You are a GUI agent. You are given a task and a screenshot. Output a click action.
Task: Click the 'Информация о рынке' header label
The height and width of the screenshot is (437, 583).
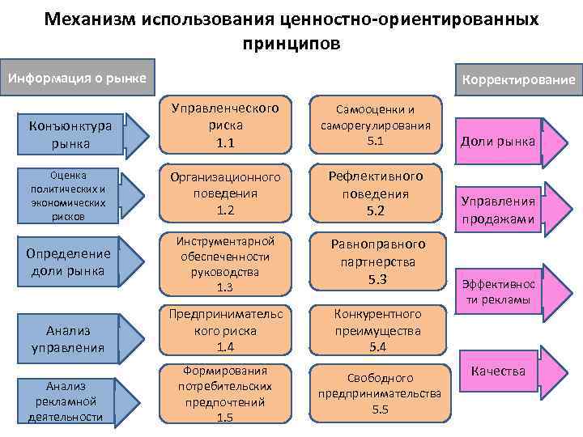point(76,78)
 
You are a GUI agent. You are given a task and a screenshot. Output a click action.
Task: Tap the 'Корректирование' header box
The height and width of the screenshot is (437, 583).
point(517,80)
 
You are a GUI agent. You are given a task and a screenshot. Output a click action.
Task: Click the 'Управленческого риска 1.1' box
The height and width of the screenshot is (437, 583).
point(224,125)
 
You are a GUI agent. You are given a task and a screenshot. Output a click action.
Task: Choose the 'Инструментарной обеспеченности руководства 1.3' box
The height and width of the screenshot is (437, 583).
point(224,264)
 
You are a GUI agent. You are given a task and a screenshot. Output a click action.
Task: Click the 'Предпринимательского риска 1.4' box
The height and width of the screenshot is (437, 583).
point(224,330)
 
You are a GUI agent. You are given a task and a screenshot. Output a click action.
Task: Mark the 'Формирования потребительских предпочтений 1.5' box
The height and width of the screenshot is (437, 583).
point(224,394)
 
